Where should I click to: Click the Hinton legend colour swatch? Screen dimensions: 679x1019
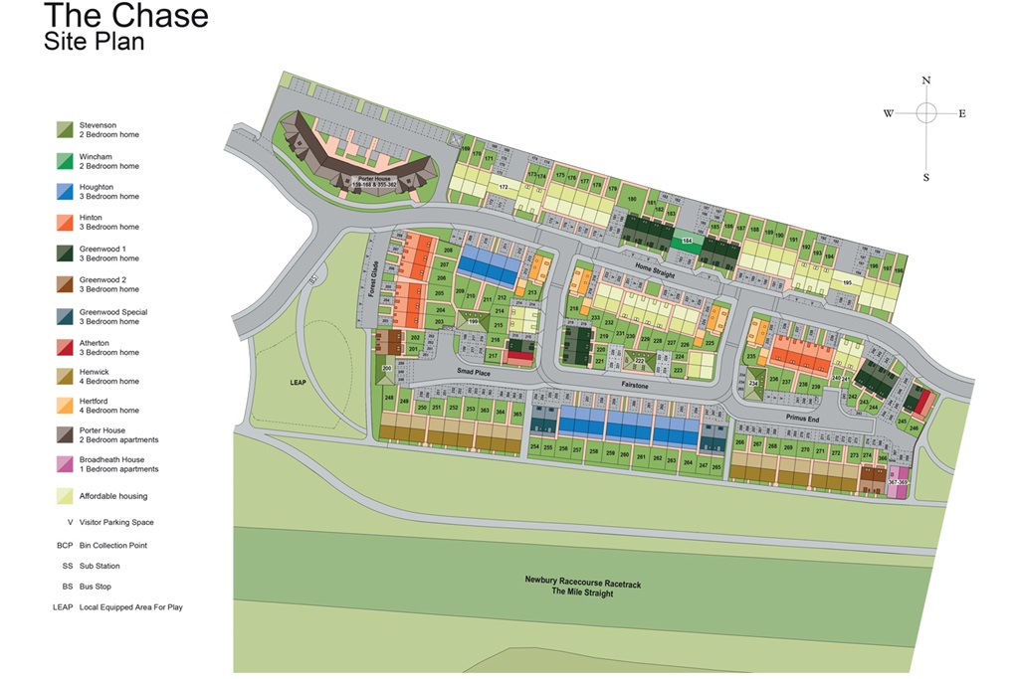pyautogui.click(x=65, y=222)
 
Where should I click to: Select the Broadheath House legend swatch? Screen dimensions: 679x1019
pyautogui.click(x=65, y=464)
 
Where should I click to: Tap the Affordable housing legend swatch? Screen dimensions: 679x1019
pyautogui.click(x=65, y=496)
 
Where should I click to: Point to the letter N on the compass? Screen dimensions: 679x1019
pyautogui.click(x=925, y=81)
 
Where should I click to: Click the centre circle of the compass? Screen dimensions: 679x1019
pyautogui.click(x=925, y=113)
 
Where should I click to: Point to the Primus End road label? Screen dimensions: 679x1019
pyautogui.click(x=800, y=419)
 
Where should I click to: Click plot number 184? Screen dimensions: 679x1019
pyautogui.click(x=687, y=241)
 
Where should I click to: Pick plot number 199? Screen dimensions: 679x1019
pyautogui.click(x=473, y=322)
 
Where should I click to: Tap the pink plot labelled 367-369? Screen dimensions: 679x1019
pyautogui.click(x=897, y=482)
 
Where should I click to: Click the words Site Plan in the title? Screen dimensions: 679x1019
pyautogui.click(x=95, y=42)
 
